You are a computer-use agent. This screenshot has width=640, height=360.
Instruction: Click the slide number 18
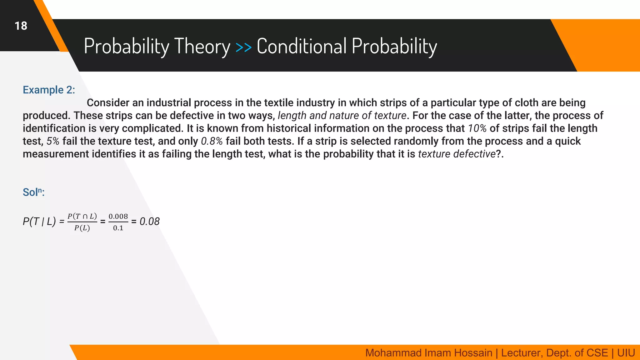click(x=21, y=26)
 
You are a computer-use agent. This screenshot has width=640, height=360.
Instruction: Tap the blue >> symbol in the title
click(x=243, y=47)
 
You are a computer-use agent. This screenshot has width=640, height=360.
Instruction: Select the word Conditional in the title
click(x=302, y=46)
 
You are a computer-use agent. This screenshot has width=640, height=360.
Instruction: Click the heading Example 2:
click(x=49, y=90)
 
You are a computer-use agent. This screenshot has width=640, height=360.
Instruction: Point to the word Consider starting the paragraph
click(x=108, y=103)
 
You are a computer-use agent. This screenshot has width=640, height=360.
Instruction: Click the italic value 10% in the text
click(x=477, y=128)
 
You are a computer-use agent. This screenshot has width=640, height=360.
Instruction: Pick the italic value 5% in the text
click(x=53, y=141)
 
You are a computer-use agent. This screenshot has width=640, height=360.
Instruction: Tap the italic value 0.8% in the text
click(x=212, y=141)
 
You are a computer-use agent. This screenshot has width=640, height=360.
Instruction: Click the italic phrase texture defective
click(x=457, y=154)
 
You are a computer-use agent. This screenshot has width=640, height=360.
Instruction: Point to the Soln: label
click(x=33, y=192)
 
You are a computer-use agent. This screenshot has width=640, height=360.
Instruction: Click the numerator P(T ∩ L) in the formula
click(x=82, y=216)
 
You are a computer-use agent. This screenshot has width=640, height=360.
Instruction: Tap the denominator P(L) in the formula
click(x=82, y=228)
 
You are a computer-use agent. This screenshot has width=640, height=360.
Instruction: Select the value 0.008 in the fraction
click(x=118, y=216)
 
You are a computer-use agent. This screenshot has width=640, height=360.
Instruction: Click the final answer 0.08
click(x=149, y=222)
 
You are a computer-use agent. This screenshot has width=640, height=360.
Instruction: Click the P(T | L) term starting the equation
click(x=39, y=222)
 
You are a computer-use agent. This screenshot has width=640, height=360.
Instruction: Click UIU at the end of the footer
click(x=626, y=353)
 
